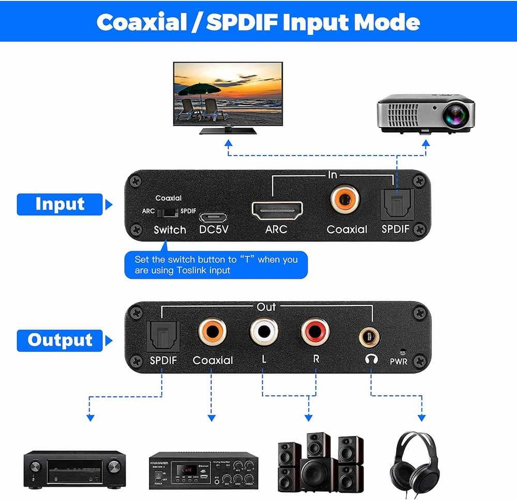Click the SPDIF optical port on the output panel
[162, 334]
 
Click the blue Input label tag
[59, 204]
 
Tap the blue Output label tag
[60, 340]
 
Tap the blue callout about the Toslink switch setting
[216, 264]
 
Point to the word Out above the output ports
[266, 307]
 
